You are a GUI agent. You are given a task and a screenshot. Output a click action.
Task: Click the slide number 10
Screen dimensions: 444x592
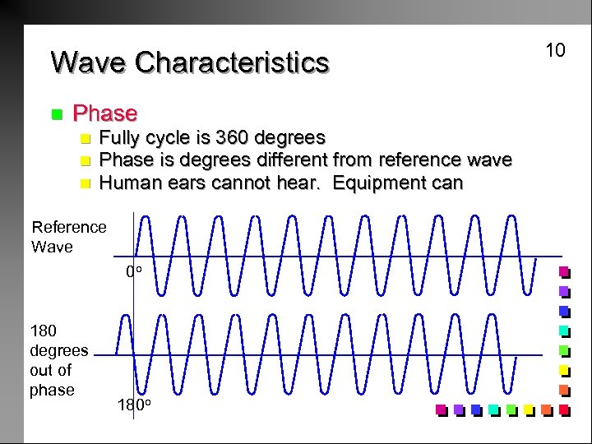[x=556, y=51]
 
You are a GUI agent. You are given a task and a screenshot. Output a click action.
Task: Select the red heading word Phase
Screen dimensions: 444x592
[x=105, y=113]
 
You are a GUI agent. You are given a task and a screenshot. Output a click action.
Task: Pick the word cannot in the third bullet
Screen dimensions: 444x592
[x=242, y=183]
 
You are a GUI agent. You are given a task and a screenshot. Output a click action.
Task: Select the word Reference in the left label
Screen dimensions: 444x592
[x=69, y=227]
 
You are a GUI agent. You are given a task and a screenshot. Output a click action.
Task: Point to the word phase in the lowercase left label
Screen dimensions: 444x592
[x=52, y=390]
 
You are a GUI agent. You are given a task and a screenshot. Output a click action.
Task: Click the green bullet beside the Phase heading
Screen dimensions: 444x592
[x=56, y=113]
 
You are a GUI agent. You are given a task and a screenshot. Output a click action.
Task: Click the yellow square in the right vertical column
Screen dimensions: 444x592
[x=563, y=370]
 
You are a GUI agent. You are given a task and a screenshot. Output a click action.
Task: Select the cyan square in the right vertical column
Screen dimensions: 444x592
[x=563, y=331]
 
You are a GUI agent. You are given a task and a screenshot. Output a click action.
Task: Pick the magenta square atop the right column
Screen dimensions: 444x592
[x=563, y=271]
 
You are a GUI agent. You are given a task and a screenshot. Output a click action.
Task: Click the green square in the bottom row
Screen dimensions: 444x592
[x=511, y=409]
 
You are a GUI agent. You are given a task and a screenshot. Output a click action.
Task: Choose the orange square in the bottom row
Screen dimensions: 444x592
[x=546, y=409]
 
